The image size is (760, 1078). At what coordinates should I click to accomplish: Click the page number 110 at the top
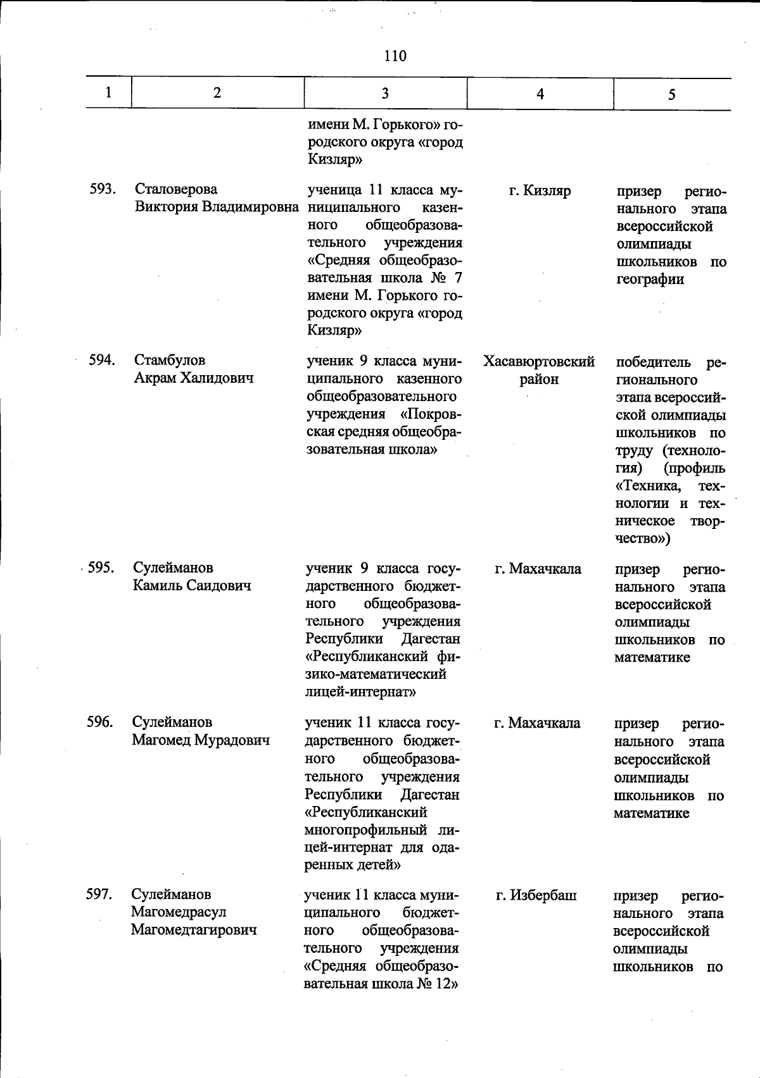[x=395, y=56]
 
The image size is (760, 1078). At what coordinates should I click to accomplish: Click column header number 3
[x=385, y=94]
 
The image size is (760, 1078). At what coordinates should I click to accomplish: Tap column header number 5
[x=671, y=94]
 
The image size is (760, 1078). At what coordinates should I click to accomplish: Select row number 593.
[x=102, y=189]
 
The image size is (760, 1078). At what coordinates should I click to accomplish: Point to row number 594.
[x=101, y=360]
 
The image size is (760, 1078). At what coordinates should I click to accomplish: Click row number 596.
[x=100, y=722]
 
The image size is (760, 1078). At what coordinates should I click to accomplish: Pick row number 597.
[x=99, y=894]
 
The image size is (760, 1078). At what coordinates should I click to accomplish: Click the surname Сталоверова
[x=175, y=189]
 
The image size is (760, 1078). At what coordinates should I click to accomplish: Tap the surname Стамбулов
[x=170, y=360]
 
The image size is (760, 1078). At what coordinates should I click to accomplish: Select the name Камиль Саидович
[x=192, y=585]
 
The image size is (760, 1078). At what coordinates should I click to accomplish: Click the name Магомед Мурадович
[x=201, y=740]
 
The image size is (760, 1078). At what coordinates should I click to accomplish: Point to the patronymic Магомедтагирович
[x=194, y=929]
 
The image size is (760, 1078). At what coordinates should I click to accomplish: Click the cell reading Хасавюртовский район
[x=539, y=370]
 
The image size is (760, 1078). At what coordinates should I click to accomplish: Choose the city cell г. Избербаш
[x=536, y=895]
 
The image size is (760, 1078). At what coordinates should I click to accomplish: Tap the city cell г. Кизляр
[x=540, y=190]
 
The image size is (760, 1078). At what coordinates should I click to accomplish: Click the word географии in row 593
[x=650, y=279]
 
